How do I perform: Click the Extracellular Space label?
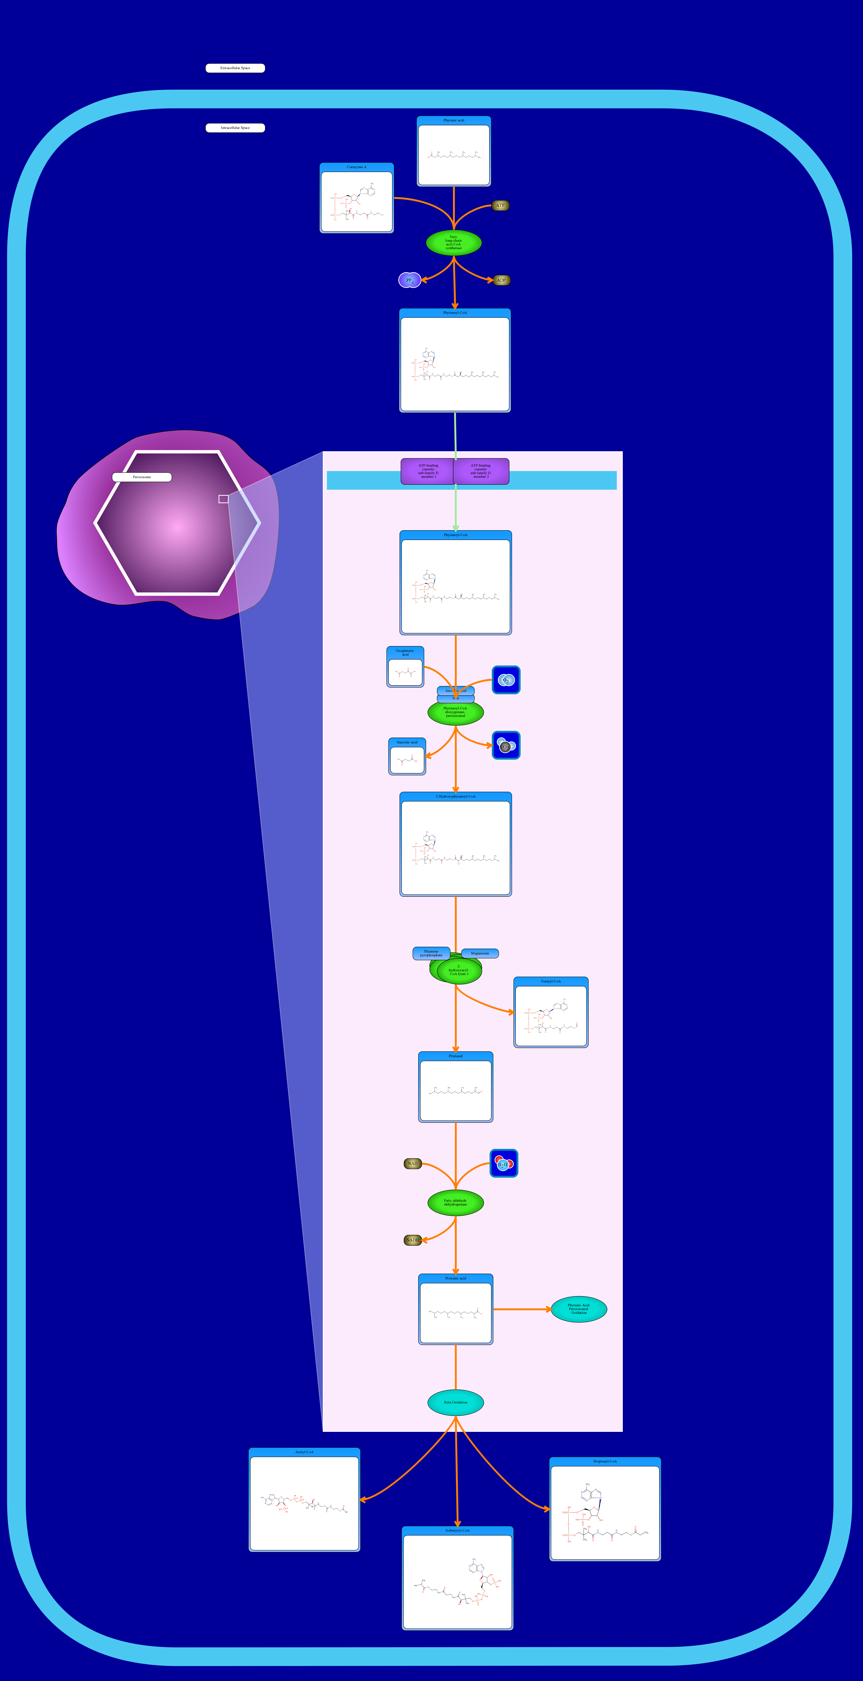235,68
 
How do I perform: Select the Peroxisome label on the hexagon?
142,477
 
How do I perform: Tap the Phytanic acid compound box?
454,151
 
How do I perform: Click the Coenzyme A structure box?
356,198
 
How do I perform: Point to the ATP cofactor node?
500,206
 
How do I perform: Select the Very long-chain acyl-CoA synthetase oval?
454,243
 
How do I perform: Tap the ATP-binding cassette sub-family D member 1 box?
428,471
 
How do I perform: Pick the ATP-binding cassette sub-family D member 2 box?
481,471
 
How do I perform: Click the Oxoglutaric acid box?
405,667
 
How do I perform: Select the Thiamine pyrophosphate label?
431,953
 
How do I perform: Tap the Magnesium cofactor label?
480,953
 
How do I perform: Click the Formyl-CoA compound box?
551,1012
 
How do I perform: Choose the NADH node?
413,1240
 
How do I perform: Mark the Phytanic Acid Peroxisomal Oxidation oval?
579,1309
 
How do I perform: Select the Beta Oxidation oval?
456,1402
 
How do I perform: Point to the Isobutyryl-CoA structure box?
458,1578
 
